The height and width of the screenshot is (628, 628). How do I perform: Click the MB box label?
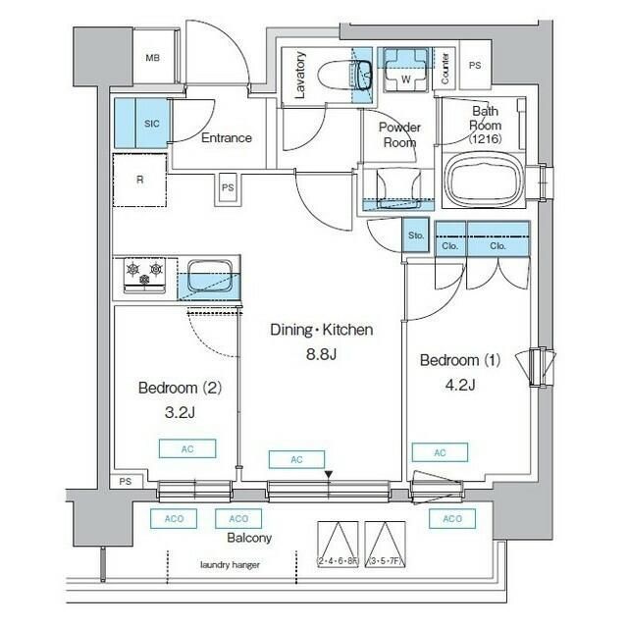(152, 58)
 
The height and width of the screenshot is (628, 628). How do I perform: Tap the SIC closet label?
(152, 124)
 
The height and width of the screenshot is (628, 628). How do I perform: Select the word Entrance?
(226, 138)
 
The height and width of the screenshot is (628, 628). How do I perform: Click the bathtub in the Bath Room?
(486, 180)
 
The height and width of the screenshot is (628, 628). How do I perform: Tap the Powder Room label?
(400, 134)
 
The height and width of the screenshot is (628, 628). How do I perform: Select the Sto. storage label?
(416, 236)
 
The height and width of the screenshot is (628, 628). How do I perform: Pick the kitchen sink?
(210, 276)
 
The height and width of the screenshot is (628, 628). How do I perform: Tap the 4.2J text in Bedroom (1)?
(460, 384)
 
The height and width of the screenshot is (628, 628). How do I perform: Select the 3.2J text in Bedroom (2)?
(179, 412)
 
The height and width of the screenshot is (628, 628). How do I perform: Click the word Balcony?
(249, 539)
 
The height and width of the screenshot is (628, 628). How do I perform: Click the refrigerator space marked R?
(139, 180)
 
